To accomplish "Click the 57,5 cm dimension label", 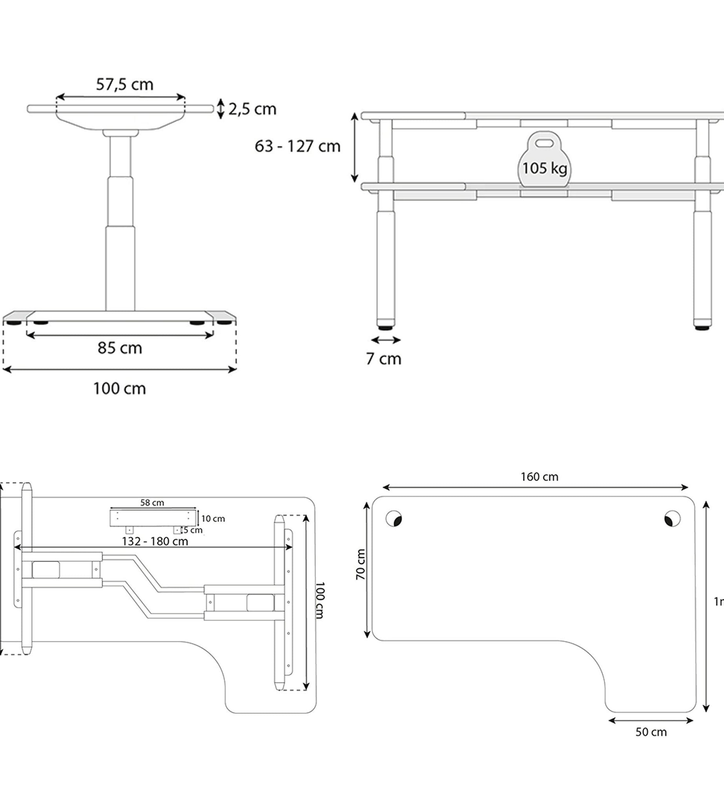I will [x=124, y=84].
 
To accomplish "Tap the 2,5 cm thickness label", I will [x=252, y=109].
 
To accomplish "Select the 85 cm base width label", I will [x=120, y=348].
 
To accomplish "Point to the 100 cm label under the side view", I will [x=119, y=389].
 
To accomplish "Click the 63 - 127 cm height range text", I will [x=297, y=146].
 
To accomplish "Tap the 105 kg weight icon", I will [x=544, y=161].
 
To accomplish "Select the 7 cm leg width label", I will [x=383, y=359].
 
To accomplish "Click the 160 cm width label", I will [x=539, y=476].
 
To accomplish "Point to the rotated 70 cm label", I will [x=361, y=564].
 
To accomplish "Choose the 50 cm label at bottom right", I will [x=651, y=732].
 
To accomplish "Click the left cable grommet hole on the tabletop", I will [x=394, y=518].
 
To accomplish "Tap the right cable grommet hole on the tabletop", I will [x=672, y=518].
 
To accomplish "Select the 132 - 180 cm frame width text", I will [x=155, y=541].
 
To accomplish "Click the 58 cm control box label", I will [x=152, y=502].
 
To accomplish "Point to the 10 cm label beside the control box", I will [x=213, y=519].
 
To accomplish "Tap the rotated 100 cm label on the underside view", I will [x=320, y=600].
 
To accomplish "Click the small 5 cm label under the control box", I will [x=193, y=530].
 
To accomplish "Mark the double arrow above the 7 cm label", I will [x=385, y=340].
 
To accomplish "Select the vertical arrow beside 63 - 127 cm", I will [x=354, y=148].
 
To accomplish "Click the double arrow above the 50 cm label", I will [x=651, y=720].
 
